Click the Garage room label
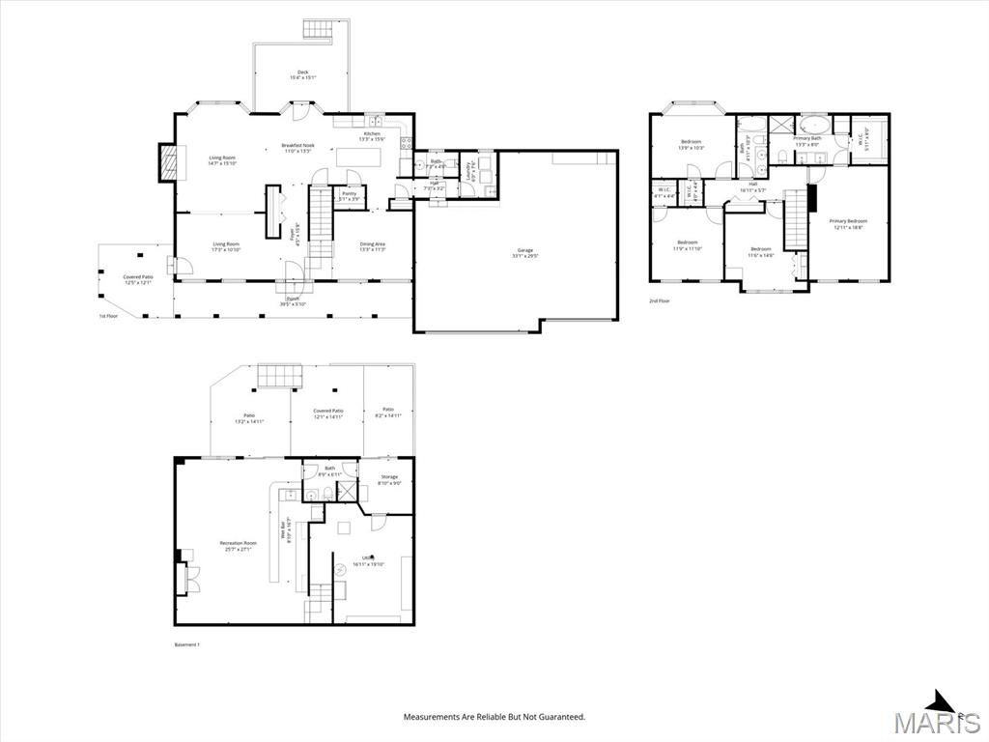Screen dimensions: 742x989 [x=523, y=251]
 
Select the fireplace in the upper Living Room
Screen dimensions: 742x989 [x=168, y=163]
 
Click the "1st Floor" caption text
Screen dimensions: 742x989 [x=108, y=316]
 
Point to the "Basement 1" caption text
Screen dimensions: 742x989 [x=174, y=644]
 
